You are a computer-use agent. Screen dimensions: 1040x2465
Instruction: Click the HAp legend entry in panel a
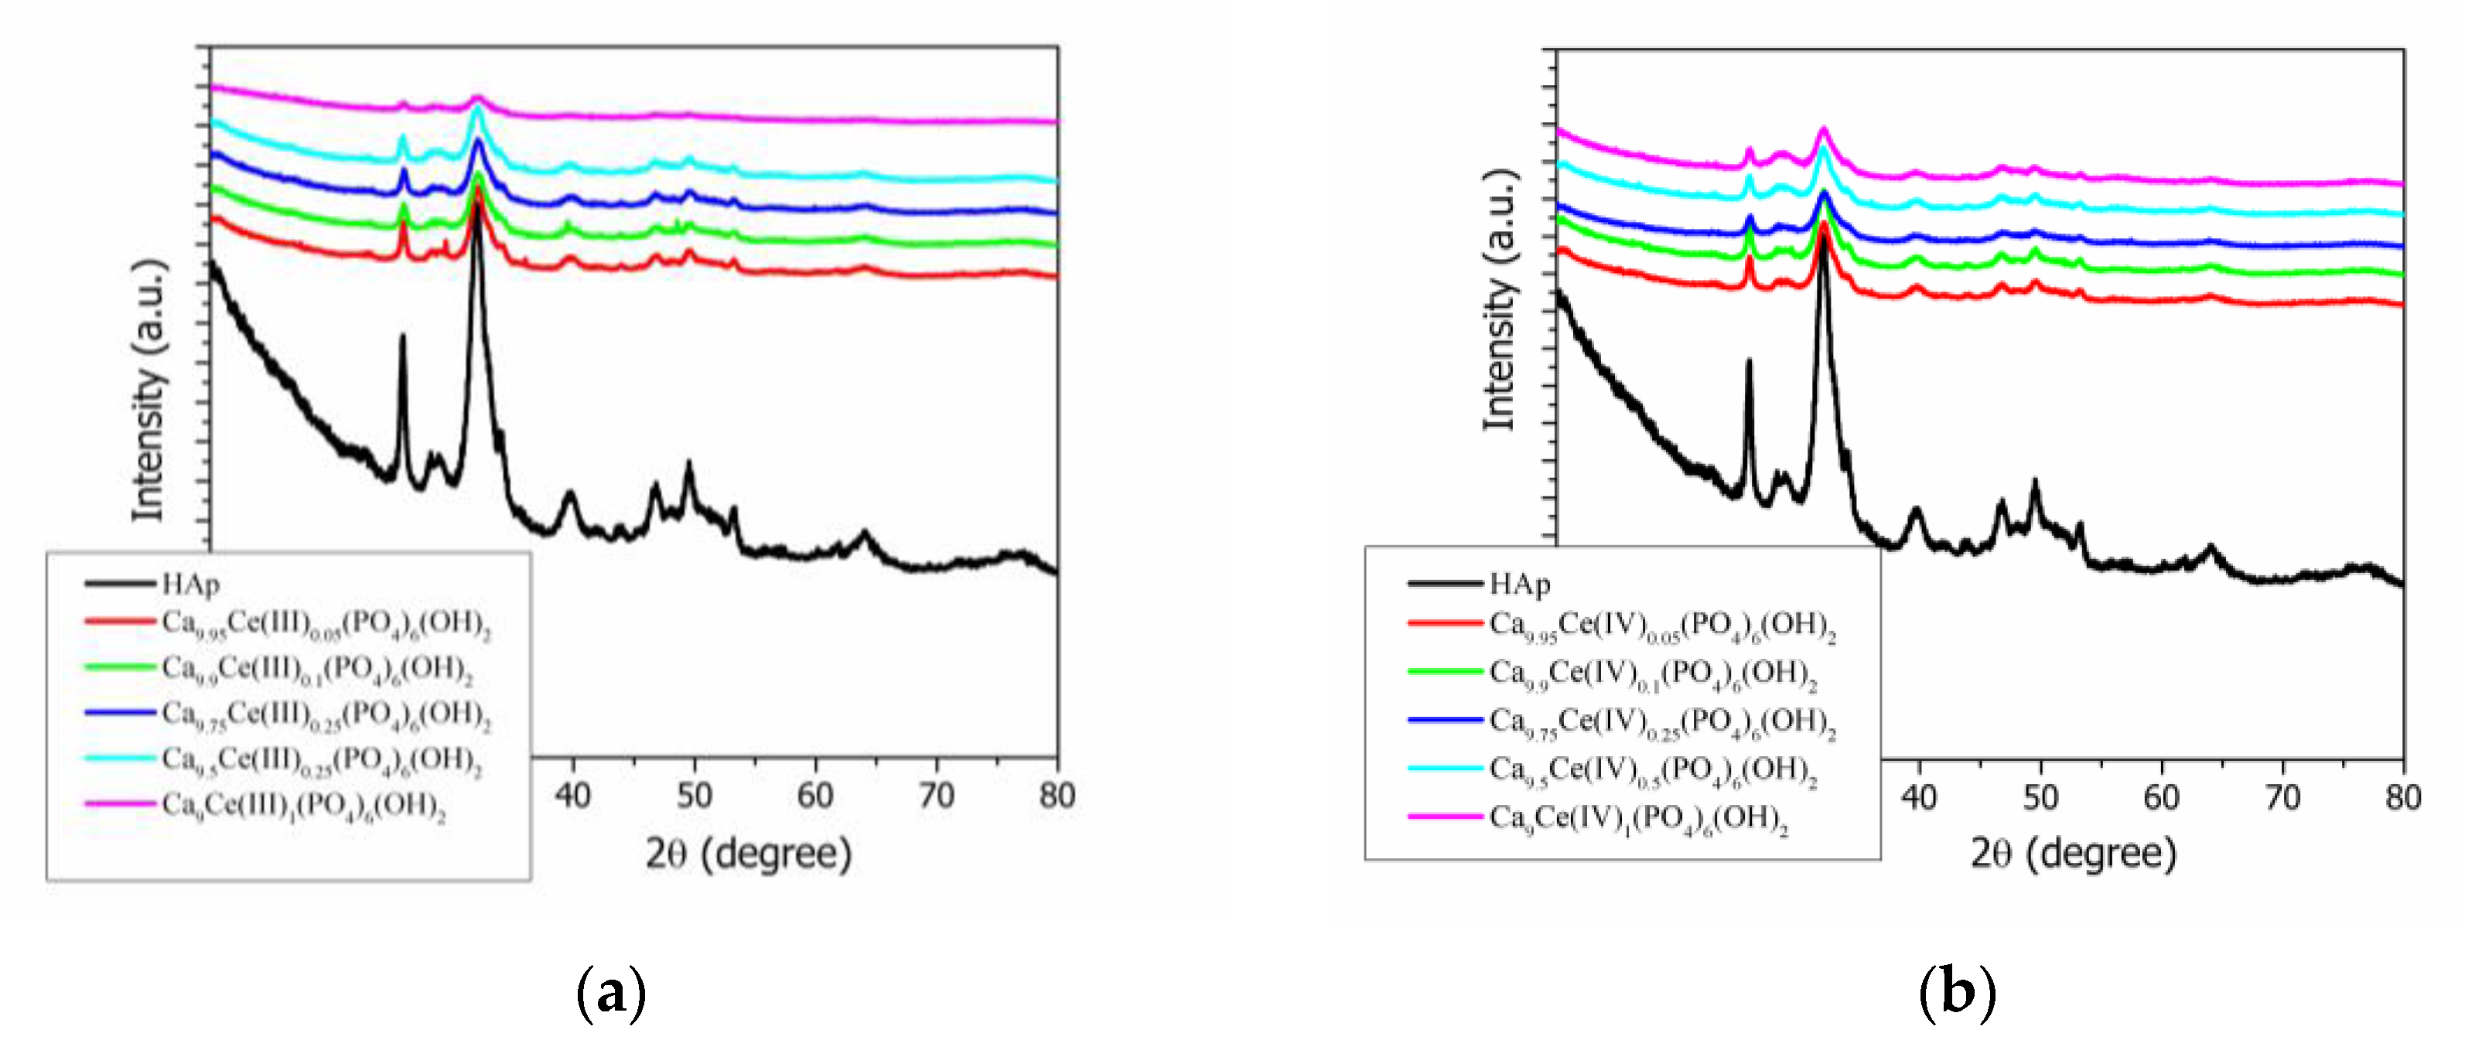click(190, 584)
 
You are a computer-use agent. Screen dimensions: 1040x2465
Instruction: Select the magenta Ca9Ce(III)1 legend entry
click(303, 806)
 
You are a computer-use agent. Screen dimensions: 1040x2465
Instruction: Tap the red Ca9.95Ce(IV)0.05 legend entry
click(1661, 626)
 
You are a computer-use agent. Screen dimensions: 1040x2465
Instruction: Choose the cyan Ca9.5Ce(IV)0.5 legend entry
click(1653, 770)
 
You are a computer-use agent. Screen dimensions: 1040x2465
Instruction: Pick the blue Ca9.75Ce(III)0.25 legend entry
click(326, 714)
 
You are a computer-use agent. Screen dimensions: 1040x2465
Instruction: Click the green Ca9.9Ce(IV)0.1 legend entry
click(1653, 673)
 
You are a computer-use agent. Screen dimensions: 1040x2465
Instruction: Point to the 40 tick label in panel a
click(572, 795)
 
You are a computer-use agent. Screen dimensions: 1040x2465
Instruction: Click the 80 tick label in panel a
click(1057, 795)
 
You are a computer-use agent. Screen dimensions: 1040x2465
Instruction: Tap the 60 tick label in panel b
click(2161, 797)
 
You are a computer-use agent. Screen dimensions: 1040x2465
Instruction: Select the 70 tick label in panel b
click(2282, 797)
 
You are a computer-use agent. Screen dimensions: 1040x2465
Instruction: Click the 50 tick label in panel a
click(694, 795)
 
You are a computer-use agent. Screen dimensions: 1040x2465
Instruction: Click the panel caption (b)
click(1957, 993)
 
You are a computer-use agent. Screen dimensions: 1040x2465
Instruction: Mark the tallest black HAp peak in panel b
click(1824, 239)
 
